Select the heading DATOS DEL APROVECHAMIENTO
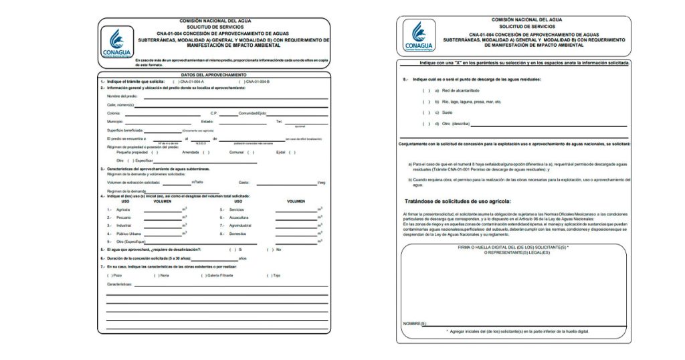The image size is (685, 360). (214, 74)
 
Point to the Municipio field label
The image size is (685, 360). (114, 122)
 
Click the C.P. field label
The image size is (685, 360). (214, 113)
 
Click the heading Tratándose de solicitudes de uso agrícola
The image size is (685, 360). (458, 201)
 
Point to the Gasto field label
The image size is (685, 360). (243, 182)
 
